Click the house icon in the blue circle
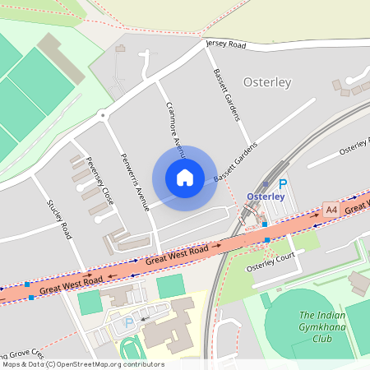pos(185,177)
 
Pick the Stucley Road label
pos(61,221)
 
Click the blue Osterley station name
pos(266,197)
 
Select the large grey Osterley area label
pos(267,81)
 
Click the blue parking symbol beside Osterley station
pos(283,185)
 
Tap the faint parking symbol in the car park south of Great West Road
pos(128,323)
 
